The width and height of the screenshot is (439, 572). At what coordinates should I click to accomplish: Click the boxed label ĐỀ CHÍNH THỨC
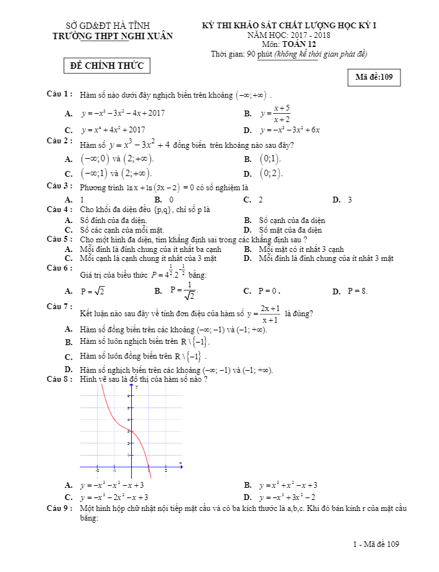(108, 66)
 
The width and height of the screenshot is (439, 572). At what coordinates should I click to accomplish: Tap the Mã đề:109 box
(374, 78)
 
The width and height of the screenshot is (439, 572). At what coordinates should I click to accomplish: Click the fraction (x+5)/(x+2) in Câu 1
(281, 113)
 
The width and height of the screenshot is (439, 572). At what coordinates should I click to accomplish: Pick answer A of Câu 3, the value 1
(82, 200)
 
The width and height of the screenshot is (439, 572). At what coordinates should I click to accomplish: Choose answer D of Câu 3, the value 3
(350, 200)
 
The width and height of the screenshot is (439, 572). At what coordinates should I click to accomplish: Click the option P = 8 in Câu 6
(357, 291)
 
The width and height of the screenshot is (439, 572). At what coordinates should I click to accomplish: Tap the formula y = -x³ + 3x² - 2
(287, 497)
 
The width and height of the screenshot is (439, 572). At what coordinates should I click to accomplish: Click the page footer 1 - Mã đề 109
(376, 544)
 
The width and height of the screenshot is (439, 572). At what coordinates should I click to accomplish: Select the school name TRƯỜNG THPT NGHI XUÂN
(112, 36)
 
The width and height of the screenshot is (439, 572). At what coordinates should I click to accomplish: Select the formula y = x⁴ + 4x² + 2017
(113, 129)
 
